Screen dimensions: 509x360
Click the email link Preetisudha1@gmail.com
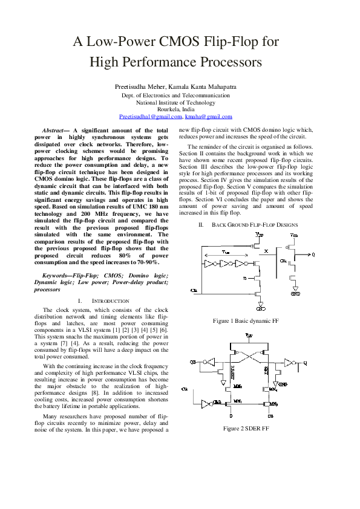pyautogui.click(x=146, y=116)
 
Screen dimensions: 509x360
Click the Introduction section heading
pyautogui.click(x=110, y=300)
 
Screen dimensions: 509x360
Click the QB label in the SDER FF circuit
pyautogui.click(x=193, y=362)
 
